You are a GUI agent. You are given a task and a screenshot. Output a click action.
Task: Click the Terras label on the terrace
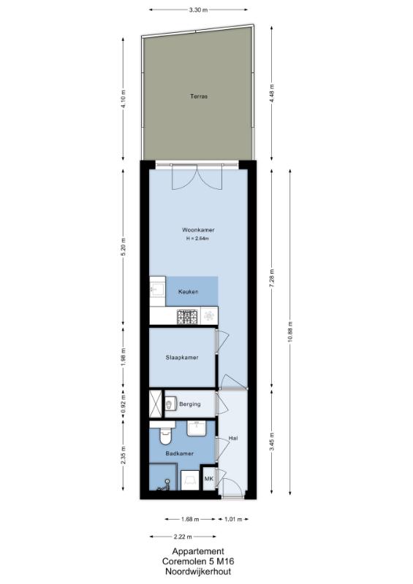click(199, 96)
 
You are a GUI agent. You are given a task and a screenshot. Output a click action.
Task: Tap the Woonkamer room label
click(198, 230)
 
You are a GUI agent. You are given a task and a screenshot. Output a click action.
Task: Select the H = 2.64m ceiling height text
click(197, 239)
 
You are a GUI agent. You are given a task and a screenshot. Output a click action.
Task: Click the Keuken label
click(189, 291)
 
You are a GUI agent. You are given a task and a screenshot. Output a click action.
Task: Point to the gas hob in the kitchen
click(187, 317)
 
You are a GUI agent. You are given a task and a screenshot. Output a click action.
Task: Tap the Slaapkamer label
click(182, 358)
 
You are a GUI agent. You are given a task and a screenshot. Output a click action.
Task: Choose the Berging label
click(190, 404)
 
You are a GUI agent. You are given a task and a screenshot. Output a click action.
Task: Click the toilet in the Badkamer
click(165, 436)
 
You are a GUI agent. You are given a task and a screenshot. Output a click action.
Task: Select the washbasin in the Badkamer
click(196, 429)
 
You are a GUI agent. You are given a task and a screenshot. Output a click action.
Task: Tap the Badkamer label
click(180, 453)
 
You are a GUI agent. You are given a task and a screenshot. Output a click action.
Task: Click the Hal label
click(233, 439)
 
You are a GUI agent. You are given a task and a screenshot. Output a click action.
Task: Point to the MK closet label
click(208, 479)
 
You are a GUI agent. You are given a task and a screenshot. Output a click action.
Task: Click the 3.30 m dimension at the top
click(198, 10)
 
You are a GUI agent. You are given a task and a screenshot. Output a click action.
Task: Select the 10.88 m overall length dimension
click(291, 332)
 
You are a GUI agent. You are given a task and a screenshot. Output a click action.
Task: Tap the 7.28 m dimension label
click(272, 277)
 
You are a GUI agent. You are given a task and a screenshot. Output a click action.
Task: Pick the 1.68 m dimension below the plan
click(190, 519)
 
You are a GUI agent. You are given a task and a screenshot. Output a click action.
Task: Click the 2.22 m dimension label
click(183, 537)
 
